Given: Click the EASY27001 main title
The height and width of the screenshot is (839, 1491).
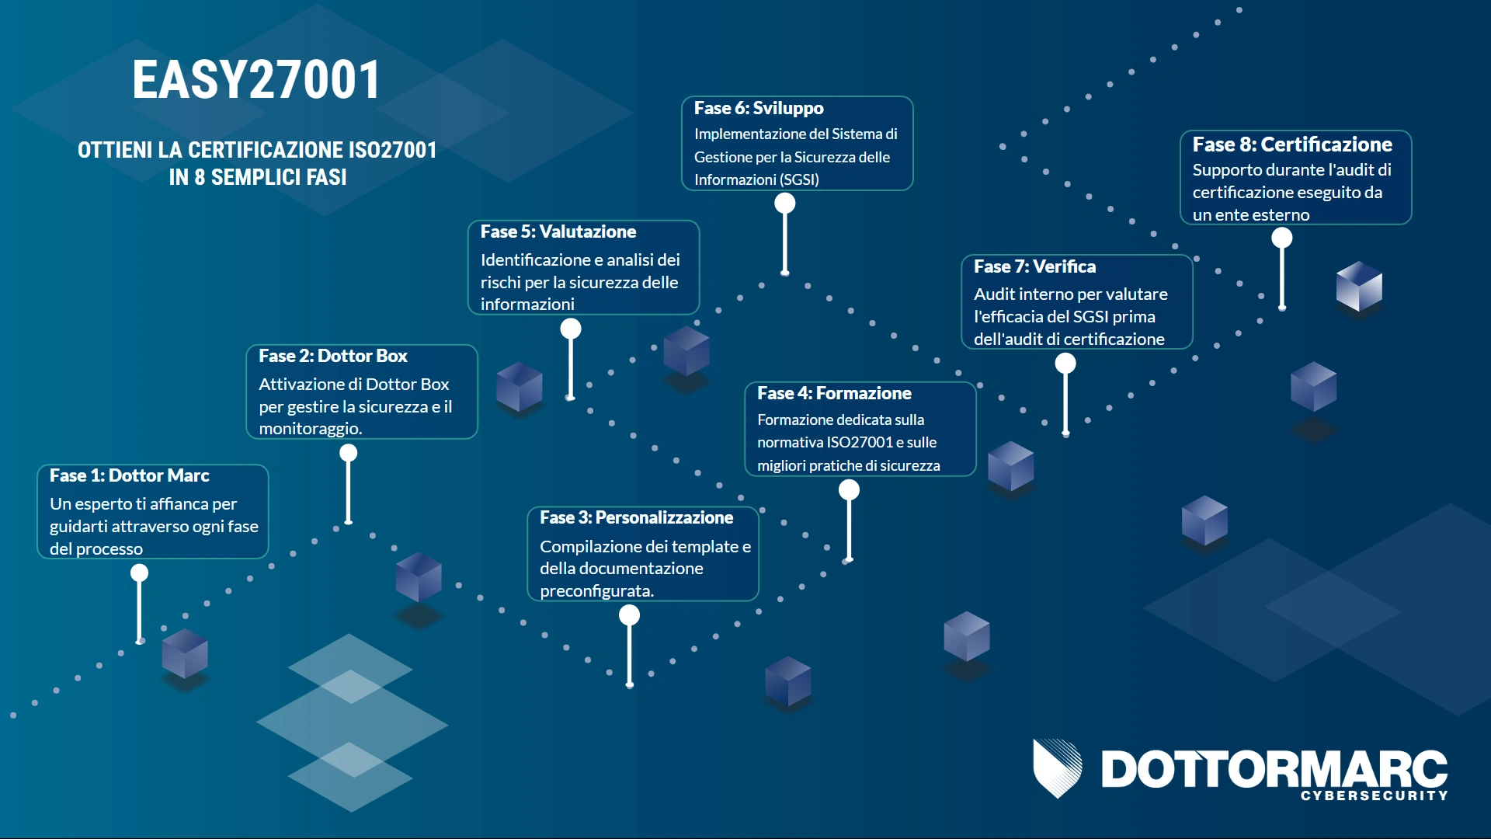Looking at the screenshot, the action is click(x=256, y=80).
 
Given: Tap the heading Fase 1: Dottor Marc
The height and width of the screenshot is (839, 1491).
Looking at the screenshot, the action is click(x=130, y=475).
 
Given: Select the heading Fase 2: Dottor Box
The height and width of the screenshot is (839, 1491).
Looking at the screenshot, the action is click(x=333, y=356).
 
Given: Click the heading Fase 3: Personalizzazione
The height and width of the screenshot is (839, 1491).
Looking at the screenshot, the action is click(x=636, y=517).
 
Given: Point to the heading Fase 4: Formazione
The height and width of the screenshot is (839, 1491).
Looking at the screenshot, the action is click(x=834, y=393).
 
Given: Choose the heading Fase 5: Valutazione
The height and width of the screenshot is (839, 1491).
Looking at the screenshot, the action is click(x=558, y=232).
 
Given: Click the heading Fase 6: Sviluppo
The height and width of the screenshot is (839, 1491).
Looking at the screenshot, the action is click(x=759, y=108).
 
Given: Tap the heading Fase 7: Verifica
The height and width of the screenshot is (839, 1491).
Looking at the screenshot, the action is click(x=1035, y=266).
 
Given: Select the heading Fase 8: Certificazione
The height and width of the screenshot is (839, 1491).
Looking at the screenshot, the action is click(x=1292, y=144).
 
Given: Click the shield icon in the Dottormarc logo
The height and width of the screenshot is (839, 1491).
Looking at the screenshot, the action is click(x=1057, y=768).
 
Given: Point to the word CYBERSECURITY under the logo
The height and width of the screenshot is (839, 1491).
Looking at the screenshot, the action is click(x=1375, y=795).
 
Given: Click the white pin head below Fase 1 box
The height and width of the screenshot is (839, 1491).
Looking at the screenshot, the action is click(x=139, y=573).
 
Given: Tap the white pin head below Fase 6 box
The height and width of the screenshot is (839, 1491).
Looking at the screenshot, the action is click(x=785, y=204).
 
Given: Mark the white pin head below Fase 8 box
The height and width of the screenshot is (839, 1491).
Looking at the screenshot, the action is click(x=1282, y=238).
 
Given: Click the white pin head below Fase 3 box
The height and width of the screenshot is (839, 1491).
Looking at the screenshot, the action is click(x=629, y=615).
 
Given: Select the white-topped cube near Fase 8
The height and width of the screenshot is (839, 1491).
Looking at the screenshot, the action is click(x=1359, y=286).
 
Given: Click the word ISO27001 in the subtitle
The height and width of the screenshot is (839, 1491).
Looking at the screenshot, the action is click(x=392, y=150).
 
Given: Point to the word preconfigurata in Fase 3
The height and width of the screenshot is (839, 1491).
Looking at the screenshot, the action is click(x=597, y=591).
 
